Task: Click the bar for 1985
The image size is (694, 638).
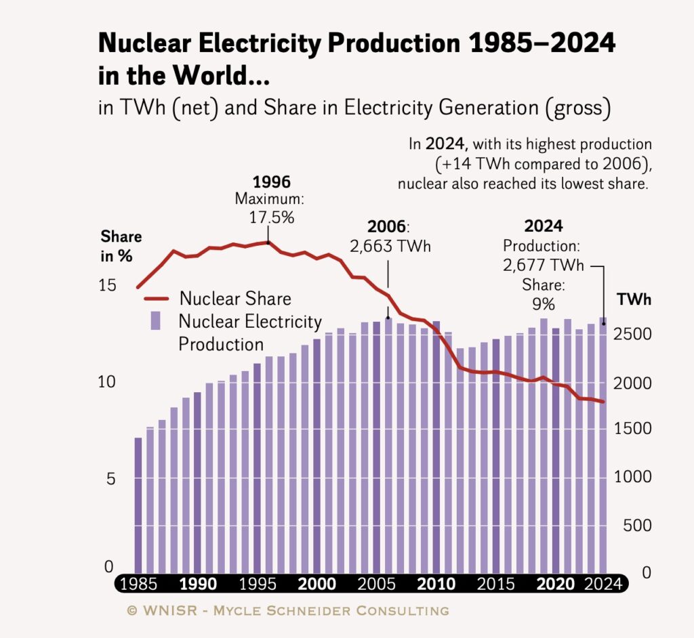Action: coord(138,505)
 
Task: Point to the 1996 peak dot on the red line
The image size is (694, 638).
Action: coord(269,242)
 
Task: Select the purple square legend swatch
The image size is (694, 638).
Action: coord(155,320)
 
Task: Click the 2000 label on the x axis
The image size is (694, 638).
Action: coord(317,584)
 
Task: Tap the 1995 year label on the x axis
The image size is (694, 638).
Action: coord(258,584)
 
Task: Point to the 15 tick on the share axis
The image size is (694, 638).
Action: coord(107,285)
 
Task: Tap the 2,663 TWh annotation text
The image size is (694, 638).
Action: coord(390,246)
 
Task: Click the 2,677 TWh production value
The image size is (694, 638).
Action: coord(543,265)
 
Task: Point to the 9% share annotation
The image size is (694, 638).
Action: coord(543,303)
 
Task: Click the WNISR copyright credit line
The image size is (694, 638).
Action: coord(287,611)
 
